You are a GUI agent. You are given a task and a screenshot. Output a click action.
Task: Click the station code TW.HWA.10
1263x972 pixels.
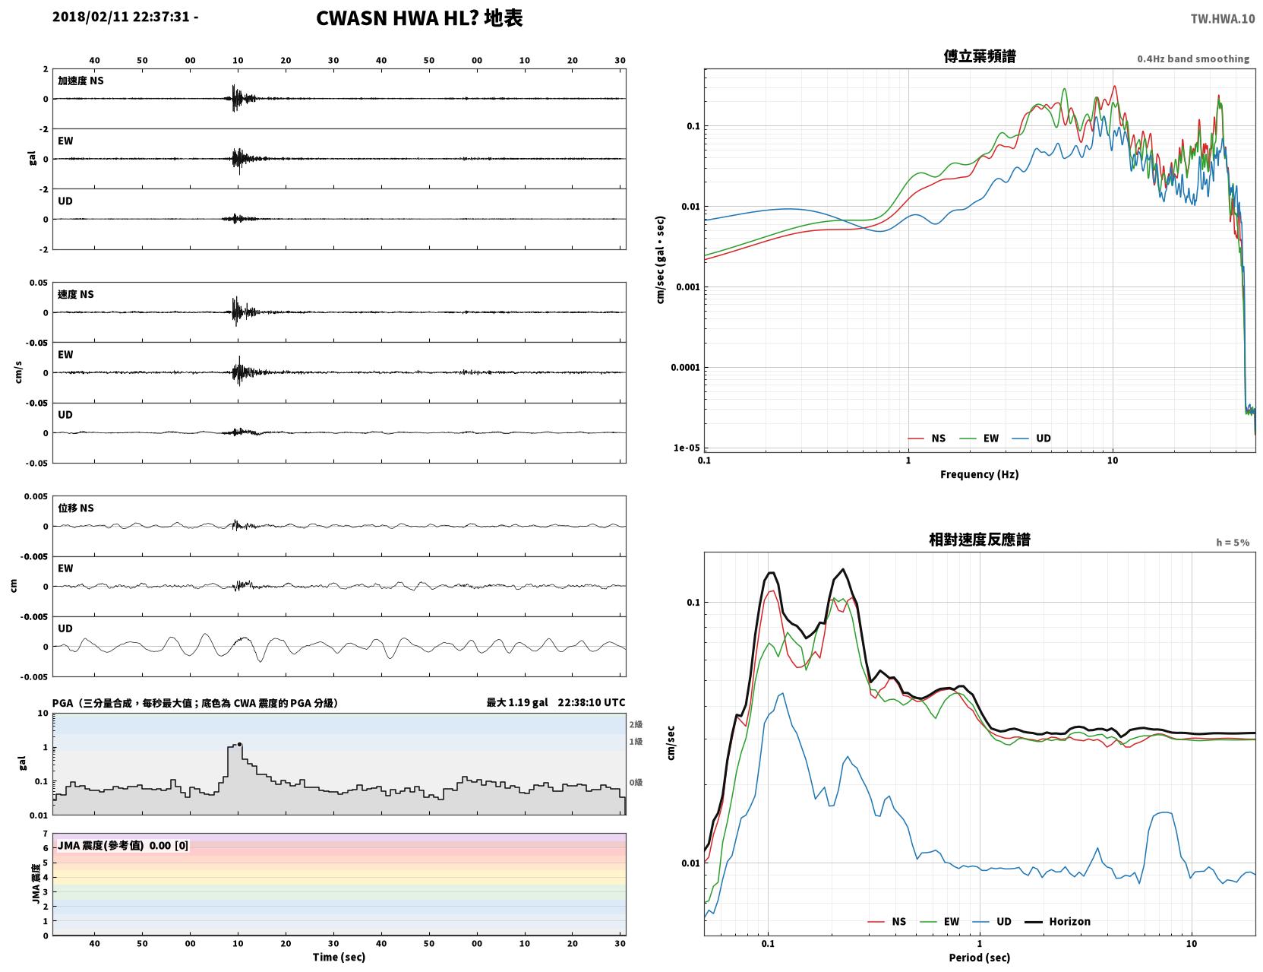pyautogui.click(x=1222, y=18)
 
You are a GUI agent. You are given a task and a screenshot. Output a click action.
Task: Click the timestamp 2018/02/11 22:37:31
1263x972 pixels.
pyautogui.click(x=121, y=16)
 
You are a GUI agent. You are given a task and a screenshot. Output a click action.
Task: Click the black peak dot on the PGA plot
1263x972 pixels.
pyautogui.click(x=239, y=744)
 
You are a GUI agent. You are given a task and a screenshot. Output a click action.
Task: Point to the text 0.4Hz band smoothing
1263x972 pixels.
pyautogui.click(x=1192, y=59)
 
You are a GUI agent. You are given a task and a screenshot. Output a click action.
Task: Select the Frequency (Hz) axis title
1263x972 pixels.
pyautogui.click(x=979, y=474)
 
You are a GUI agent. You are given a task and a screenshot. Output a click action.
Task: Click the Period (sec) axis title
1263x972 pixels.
pyautogui.click(x=979, y=958)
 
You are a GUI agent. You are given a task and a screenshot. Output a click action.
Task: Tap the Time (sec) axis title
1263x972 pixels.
pyautogui.click(x=339, y=957)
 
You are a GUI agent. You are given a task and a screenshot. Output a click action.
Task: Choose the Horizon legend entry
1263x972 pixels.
pyautogui.click(x=1057, y=921)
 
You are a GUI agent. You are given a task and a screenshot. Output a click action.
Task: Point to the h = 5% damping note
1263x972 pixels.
pyautogui.click(x=1232, y=543)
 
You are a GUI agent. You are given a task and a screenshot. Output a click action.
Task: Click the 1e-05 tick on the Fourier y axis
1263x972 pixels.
pyautogui.click(x=687, y=448)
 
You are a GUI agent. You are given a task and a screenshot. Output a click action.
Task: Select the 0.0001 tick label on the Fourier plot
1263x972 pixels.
pyautogui.click(x=685, y=367)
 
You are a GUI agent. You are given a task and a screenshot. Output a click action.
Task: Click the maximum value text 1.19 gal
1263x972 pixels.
pyautogui.click(x=528, y=702)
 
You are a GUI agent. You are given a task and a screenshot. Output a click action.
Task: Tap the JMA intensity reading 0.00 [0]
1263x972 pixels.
pyautogui.click(x=169, y=845)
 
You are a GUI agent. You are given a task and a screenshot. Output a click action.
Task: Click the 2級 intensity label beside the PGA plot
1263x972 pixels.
pyautogui.click(x=635, y=724)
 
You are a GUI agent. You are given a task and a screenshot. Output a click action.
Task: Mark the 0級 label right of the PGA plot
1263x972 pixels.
pyautogui.click(x=635, y=783)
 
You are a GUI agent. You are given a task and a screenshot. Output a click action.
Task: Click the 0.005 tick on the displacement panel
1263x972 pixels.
pyautogui.click(x=36, y=496)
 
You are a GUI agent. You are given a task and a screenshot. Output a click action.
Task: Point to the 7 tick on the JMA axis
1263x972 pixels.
pyautogui.click(x=46, y=834)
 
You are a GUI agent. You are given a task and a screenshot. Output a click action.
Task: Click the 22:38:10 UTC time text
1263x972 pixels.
pyautogui.click(x=591, y=702)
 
